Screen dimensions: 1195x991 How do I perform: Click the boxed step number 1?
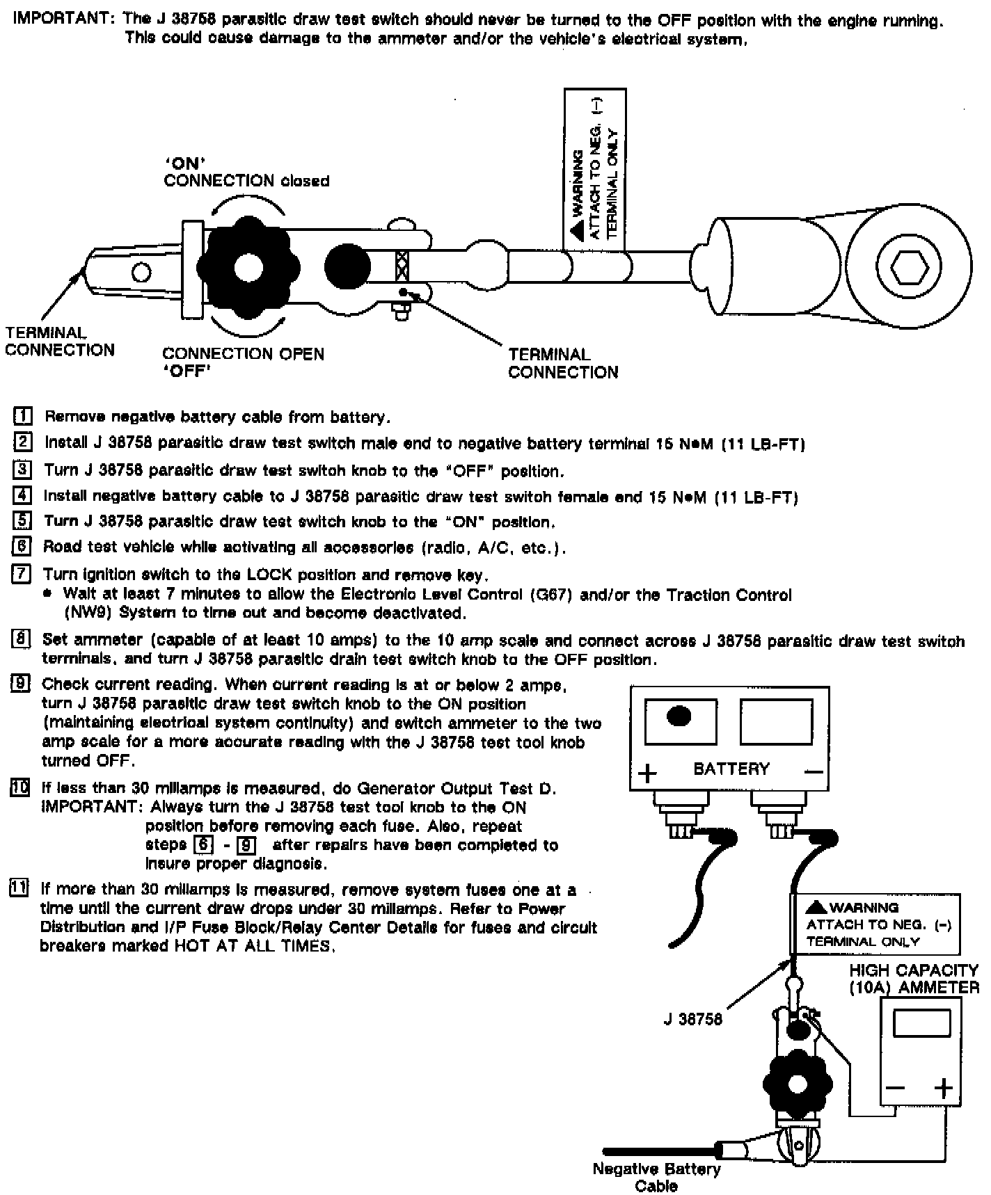[23, 417]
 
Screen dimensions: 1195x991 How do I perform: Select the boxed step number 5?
[23, 521]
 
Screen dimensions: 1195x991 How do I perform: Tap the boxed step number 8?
[22, 639]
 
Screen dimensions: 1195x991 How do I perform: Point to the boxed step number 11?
[19, 889]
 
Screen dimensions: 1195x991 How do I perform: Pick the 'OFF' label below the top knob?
[187, 371]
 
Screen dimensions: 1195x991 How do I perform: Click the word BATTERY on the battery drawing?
[731, 769]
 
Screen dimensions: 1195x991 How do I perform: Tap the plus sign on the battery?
[647, 773]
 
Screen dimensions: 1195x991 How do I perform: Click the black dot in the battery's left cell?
[679, 716]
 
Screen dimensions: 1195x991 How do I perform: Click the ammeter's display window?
[921, 1023]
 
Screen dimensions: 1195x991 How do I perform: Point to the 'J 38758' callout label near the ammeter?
[692, 1020]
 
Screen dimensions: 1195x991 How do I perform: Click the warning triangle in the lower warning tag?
[816, 907]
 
